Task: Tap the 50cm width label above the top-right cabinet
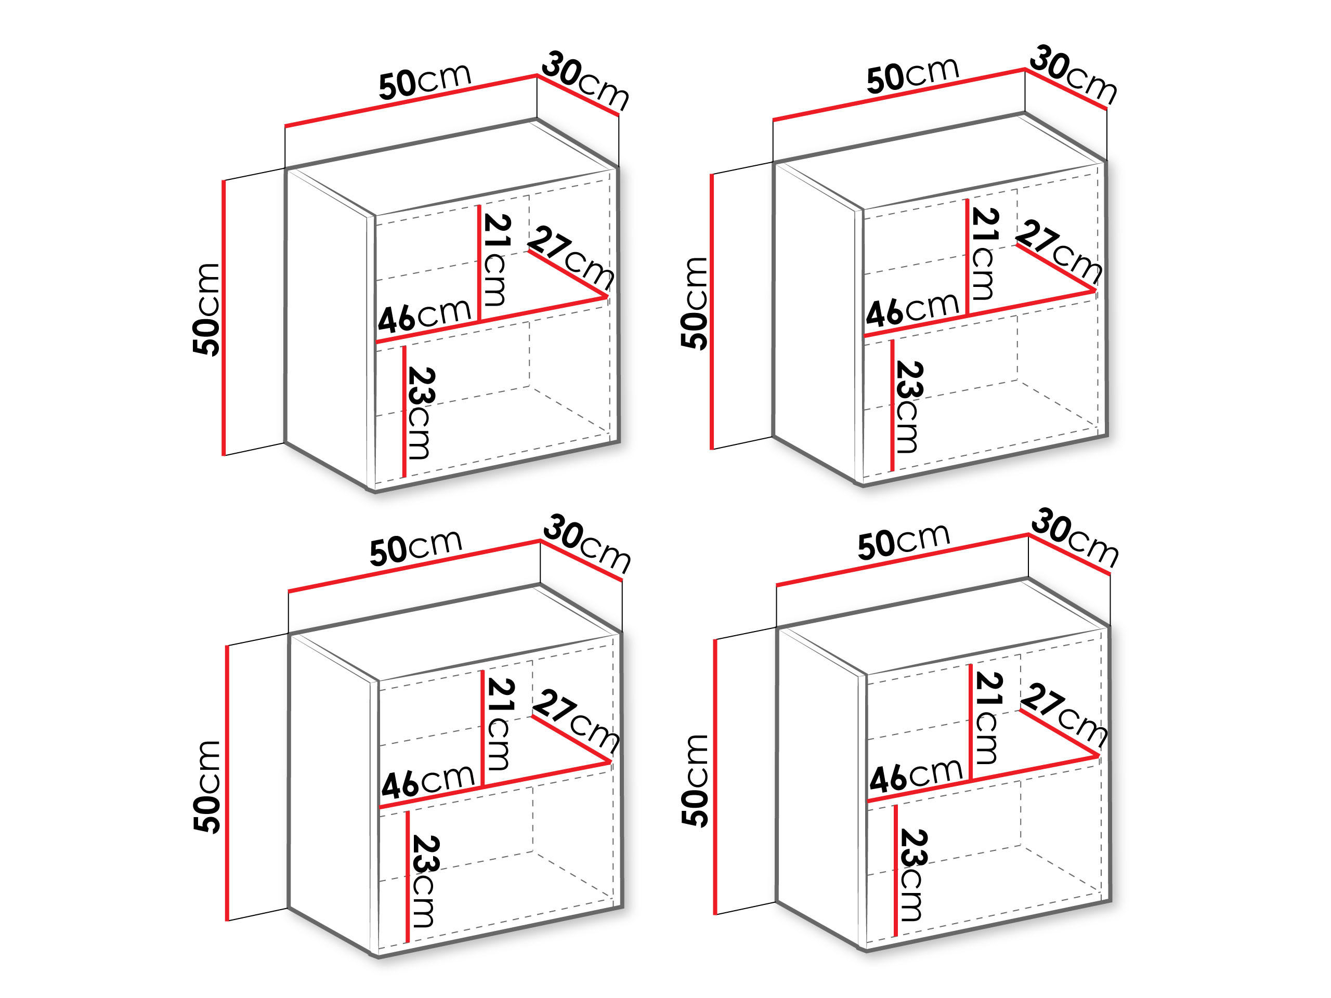coord(912,76)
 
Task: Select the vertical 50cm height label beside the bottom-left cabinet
coord(207,787)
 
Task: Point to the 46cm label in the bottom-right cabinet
coord(915,776)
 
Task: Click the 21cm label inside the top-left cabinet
coord(497,260)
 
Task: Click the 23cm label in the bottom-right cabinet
coord(912,875)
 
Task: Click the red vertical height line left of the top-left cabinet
coord(224,317)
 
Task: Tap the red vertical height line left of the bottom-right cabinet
coord(715,777)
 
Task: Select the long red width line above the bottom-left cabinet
coord(414,567)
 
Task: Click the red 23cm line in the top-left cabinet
coord(404,412)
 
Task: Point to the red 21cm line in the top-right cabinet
coord(967,257)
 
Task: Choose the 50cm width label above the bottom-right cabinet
coord(903,542)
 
